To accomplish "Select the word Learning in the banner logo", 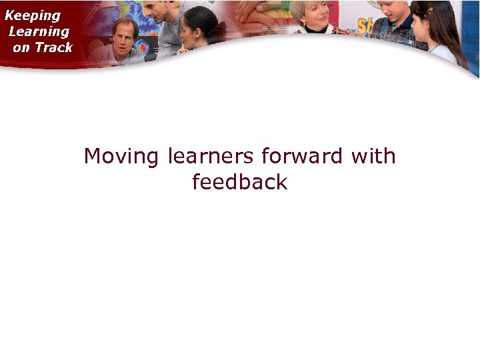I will click(39, 31).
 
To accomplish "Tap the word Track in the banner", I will click(54, 47).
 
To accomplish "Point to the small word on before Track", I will click(21, 48).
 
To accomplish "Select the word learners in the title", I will click(211, 157).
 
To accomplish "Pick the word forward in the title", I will click(302, 157).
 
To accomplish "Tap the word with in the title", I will click(373, 157).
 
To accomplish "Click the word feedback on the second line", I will click(239, 182).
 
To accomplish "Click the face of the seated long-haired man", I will click(125, 37).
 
